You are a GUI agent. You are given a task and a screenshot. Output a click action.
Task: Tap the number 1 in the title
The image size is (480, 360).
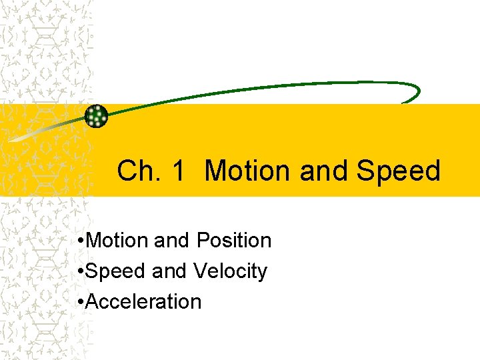pos(178,171)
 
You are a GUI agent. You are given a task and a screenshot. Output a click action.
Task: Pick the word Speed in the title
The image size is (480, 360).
pos(399,171)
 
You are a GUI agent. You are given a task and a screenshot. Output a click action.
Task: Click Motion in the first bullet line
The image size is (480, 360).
pos(117,240)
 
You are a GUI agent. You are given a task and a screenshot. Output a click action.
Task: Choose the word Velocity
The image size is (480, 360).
pos(231,271)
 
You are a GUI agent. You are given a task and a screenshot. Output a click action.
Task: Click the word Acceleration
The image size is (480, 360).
pos(143,302)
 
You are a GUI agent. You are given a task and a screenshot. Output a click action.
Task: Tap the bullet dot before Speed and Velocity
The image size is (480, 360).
pos(80,272)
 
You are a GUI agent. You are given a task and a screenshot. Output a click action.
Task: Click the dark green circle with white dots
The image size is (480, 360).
pos(97,116)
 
